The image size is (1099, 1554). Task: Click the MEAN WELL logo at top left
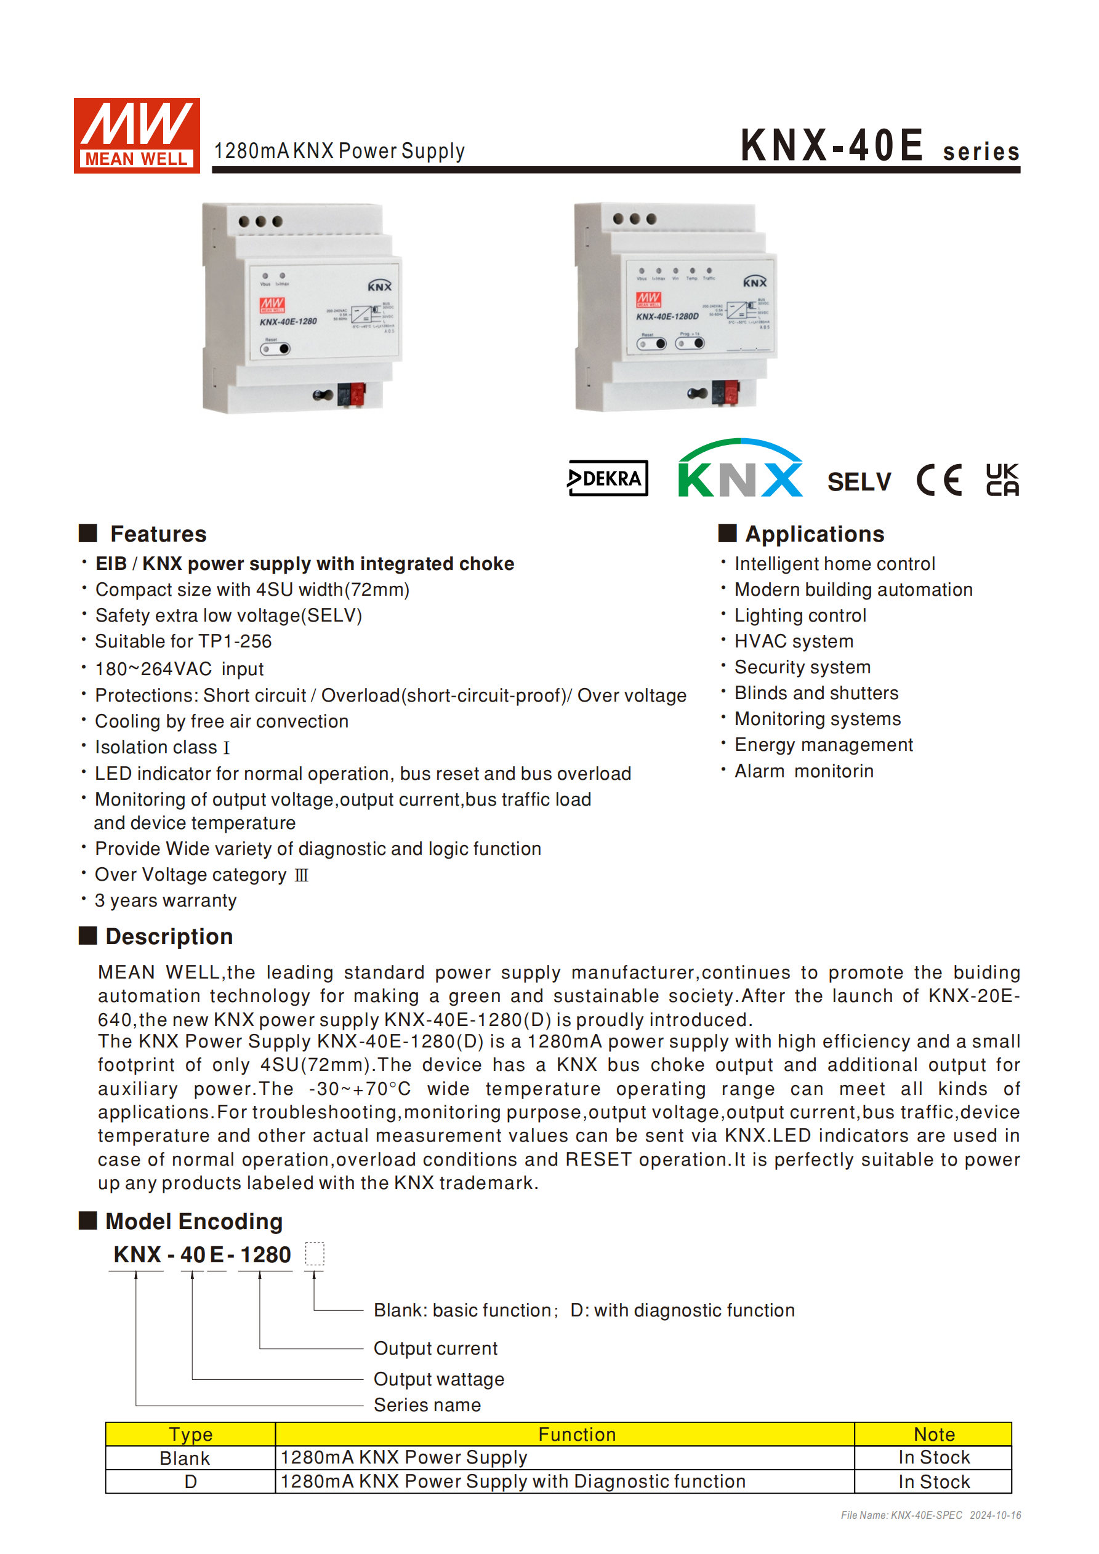(x=136, y=135)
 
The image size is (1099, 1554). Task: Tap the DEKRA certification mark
(x=608, y=479)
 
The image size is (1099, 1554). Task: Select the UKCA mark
(x=1002, y=479)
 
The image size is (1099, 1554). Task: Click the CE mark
(x=939, y=480)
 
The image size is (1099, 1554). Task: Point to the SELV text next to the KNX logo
(x=859, y=482)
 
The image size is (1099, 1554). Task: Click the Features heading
(x=158, y=534)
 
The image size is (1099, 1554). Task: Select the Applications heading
(x=814, y=534)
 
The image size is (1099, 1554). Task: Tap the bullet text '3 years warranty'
(x=166, y=901)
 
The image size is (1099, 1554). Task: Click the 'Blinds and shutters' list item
(x=816, y=693)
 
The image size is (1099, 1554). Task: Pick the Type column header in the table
(x=190, y=1434)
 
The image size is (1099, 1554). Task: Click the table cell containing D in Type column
(x=190, y=1481)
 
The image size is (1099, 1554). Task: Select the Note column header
(x=933, y=1434)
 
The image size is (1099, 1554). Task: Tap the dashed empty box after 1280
(x=314, y=1254)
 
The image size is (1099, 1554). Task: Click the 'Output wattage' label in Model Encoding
(x=439, y=1379)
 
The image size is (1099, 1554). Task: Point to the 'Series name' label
(x=427, y=1404)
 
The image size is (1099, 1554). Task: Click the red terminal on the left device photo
(x=357, y=393)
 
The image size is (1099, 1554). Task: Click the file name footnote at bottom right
(x=930, y=1515)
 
